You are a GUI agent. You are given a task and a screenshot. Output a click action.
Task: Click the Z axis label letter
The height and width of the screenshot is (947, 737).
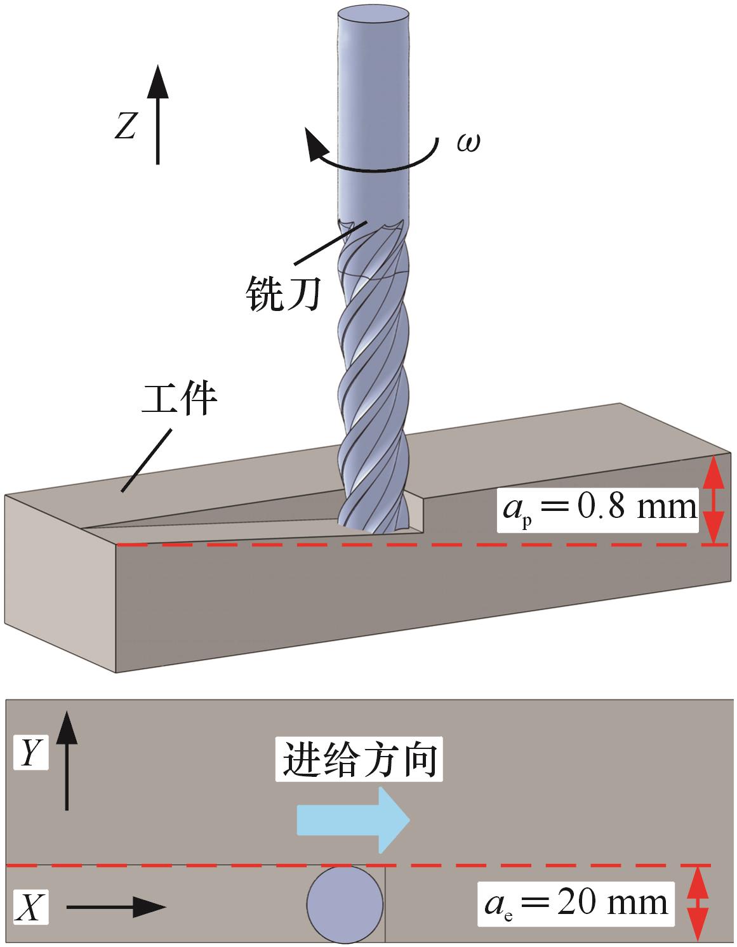click(125, 124)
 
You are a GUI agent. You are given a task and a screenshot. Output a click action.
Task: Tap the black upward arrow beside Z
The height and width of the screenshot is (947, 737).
click(157, 114)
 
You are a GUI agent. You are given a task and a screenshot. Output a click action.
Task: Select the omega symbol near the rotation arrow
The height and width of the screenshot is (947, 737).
click(468, 143)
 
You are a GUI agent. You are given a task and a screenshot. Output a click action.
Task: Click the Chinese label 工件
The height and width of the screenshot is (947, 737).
click(179, 399)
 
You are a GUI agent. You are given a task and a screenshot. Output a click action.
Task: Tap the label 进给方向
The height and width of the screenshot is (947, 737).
click(359, 759)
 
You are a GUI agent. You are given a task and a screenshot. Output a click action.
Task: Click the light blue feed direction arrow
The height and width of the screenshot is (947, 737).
click(354, 820)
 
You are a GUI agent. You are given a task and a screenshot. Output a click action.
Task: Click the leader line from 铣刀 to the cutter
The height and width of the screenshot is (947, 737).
click(332, 242)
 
